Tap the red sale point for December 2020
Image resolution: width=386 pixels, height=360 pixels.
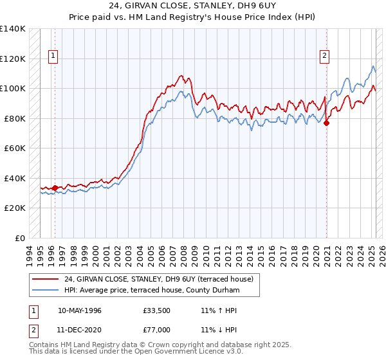[x=326, y=123]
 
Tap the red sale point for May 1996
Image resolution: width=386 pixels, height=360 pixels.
[x=55, y=188]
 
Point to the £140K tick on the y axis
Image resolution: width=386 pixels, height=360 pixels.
[x=13, y=29]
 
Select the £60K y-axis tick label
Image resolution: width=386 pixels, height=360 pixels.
[x=14, y=148]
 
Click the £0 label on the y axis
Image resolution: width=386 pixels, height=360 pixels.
[x=19, y=238]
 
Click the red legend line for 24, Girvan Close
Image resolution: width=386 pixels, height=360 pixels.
[x=45, y=279]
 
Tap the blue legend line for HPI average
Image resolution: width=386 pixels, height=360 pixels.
[x=45, y=291]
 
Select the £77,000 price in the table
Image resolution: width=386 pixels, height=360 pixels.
[x=156, y=329]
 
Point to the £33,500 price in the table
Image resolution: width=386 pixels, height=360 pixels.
[x=156, y=310]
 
